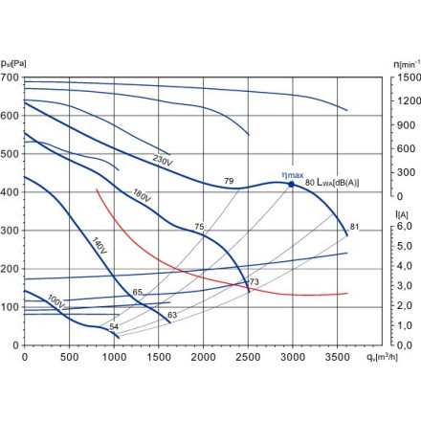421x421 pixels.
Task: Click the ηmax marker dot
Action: [292, 185]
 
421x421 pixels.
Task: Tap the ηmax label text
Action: [293, 175]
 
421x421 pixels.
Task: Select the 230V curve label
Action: [163, 161]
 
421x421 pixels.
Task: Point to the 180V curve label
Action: [142, 195]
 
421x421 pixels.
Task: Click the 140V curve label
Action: [100, 246]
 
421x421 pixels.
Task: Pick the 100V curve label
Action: [55, 301]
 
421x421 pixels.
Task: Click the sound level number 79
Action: [229, 181]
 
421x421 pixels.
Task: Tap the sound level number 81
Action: [354, 227]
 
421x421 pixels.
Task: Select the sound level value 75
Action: [199, 227]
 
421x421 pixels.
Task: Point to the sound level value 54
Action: [114, 326]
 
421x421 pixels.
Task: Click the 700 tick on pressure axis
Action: [10, 77]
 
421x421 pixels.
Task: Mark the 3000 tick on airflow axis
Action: [293, 357]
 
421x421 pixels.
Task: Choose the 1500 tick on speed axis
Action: [409, 78]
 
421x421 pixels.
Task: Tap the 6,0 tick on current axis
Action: [405, 226]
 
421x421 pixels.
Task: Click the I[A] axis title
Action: [402, 214]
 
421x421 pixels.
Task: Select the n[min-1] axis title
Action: [407, 64]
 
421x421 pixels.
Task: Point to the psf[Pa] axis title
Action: [13, 64]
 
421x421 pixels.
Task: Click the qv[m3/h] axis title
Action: [382, 358]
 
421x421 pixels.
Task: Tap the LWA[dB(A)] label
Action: [338, 182]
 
